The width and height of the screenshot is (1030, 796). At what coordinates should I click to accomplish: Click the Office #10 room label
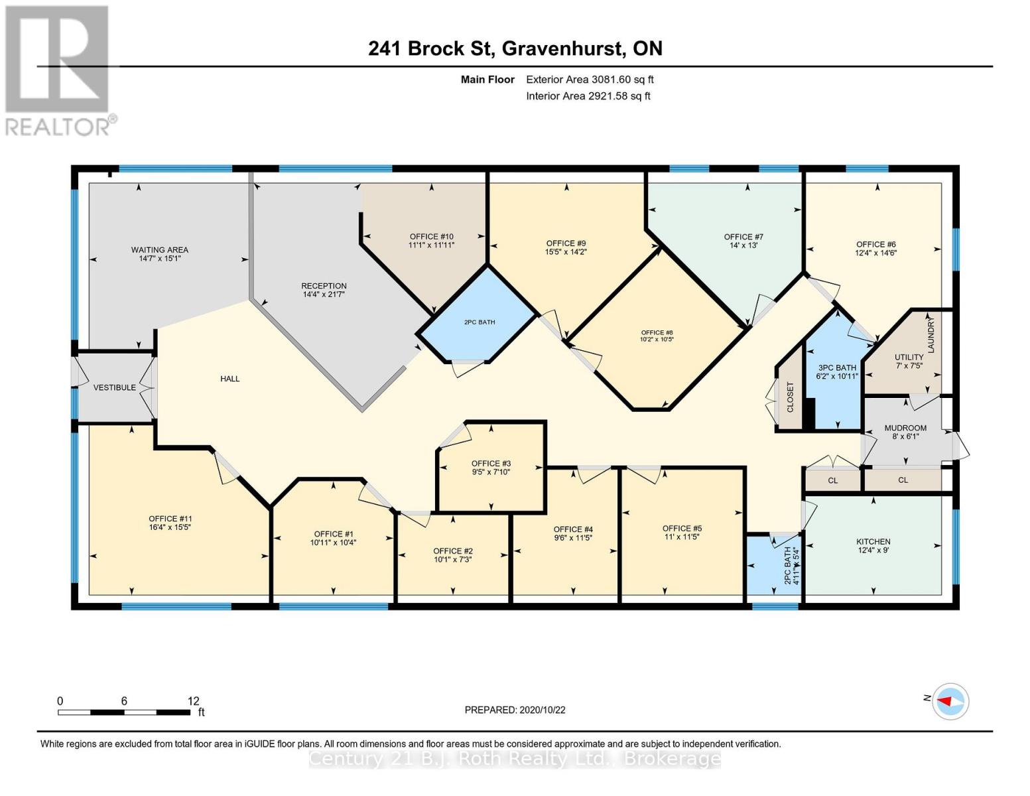pyautogui.click(x=431, y=237)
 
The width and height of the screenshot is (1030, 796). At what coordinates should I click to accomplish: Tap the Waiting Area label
pyautogui.click(x=159, y=250)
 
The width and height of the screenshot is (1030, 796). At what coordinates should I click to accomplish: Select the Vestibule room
pyautogui.click(x=114, y=387)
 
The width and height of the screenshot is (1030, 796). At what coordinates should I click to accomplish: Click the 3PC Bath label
pyautogui.click(x=837, y=367)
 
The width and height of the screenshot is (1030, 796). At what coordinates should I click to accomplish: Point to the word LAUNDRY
pyautogui.click(x=931, y=336)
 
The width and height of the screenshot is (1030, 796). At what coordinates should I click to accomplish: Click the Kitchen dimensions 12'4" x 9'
pyautogui.click(x=872, y=550)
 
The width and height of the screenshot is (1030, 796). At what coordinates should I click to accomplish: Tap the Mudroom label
pyautogui.click(x=905, y=428)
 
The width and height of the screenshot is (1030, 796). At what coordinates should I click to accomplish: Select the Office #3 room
pyautogui.click(x=491, y=468)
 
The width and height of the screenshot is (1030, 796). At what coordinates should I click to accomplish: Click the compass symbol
pyautogui.click(x=951, y=700)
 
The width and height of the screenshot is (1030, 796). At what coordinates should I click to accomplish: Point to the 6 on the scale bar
pyautogui.click(x=124, y=700)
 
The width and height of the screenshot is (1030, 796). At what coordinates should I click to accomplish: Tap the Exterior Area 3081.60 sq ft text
pyautogui.click(x=590, y=80)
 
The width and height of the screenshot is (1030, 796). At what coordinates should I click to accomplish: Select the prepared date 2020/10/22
pyautogui.click(x=542, y=710)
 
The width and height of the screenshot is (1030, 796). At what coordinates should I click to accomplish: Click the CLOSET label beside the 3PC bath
pyautogui.click(x=790, y=397)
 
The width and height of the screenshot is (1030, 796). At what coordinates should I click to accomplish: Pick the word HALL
pyautogui.click(x=229, y=379)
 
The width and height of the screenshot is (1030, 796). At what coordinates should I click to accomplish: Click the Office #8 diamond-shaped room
pyautogui.click(x=657, y=336)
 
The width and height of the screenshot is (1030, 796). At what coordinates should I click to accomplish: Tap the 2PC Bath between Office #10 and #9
pyautogui.click(x=479, y=322)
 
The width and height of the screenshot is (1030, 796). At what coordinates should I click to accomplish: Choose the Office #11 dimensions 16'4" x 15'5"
pyautogui.click(x=170, y=527)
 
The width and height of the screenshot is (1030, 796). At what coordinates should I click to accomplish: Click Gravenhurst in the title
pyautogui.click(x=563, y=48)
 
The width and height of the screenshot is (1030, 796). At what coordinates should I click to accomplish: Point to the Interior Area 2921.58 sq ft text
pyautogui.click(x=588, y=96)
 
